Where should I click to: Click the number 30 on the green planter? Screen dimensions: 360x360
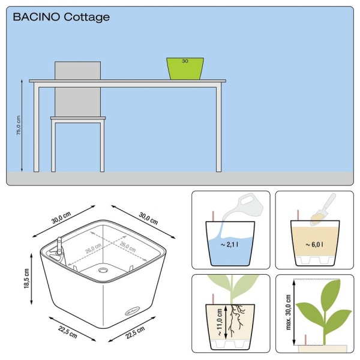tap(185, 61)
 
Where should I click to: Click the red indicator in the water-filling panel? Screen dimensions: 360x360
tap(213, 216)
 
